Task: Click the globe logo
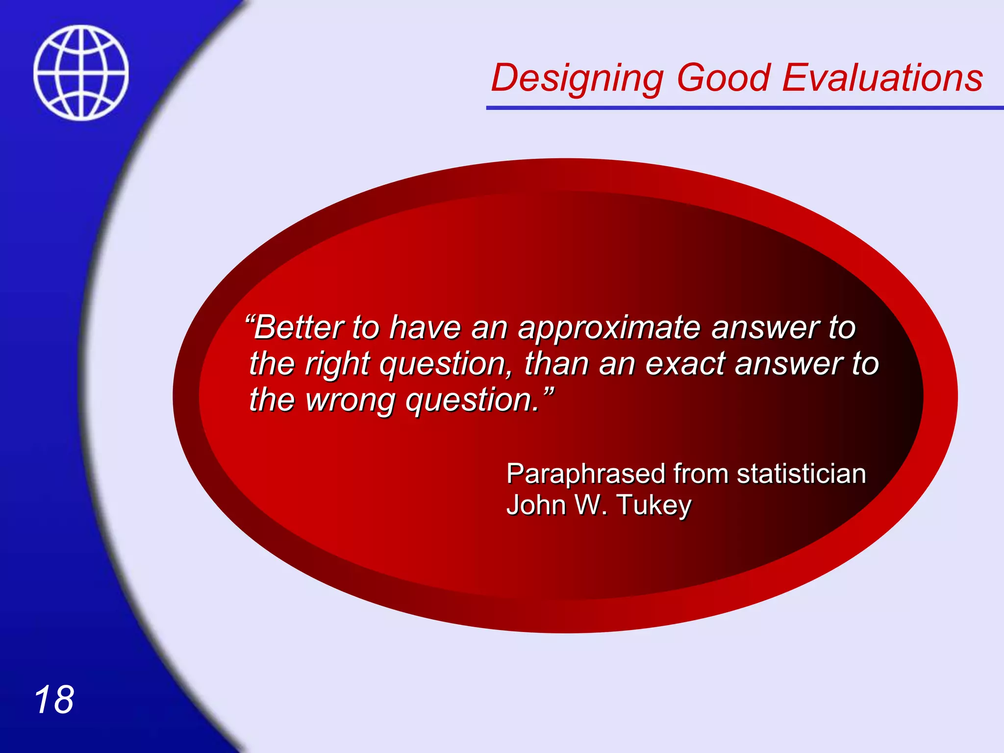(81, 73)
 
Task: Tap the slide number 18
(54, 700)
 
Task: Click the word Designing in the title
(577, 78)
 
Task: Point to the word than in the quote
(556, 364)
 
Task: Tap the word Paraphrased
(585, 475)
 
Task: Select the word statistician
(801, 474)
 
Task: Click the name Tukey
(654, 505)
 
